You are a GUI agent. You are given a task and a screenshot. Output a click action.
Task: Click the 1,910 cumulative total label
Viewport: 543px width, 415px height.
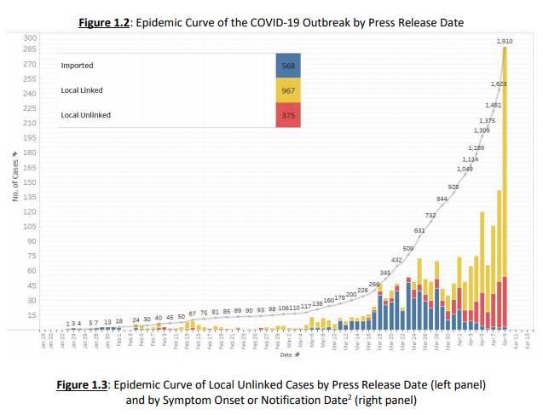[x=504, y=41]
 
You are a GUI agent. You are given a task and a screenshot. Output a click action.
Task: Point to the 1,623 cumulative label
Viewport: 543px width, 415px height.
[x=499, y=84]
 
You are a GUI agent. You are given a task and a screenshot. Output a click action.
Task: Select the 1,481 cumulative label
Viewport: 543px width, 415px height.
[x=493, y=104]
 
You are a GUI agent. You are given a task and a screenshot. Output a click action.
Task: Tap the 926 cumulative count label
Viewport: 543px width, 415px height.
[x=453, y=186]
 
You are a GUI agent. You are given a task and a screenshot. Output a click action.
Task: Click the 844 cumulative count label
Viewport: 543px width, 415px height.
[x=442, y=199]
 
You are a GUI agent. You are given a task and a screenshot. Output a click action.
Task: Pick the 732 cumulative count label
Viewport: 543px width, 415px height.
[x=430, y=216]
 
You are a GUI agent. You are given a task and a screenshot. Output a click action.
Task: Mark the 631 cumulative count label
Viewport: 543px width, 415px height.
[x=419, y=230]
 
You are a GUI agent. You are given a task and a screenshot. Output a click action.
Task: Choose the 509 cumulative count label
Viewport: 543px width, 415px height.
[x=407, y=248]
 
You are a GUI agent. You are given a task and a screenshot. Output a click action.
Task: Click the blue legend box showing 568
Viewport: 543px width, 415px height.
[x=288, y=65]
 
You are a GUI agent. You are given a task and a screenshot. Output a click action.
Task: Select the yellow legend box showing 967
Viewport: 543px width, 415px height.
[x=288, y=89]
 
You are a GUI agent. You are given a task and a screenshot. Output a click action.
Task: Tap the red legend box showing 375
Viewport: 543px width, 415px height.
[x=288, y=114]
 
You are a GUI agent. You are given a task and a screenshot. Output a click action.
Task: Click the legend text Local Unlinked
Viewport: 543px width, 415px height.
[x=86, y=114]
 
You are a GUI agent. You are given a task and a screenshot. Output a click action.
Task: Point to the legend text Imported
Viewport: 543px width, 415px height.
[x=77, y=65]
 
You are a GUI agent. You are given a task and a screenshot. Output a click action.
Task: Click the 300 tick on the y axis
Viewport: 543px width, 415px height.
[x=31, y=38]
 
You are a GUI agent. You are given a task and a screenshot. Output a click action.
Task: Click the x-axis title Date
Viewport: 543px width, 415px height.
[x=286, y=354]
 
